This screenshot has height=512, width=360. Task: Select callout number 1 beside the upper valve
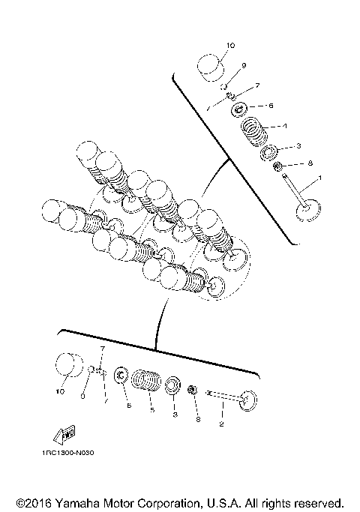(x=320, y=178)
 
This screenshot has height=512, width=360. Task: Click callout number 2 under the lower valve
(x=221, y=424)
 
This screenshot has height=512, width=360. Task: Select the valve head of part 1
(x=307, y=209)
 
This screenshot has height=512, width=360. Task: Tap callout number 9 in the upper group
(x=244, y=65)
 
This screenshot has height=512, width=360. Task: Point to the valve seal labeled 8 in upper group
(x=277, y=166)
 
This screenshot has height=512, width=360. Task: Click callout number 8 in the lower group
(x=198, y=419)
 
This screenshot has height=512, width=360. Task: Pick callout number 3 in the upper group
(x=298, y=145)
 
